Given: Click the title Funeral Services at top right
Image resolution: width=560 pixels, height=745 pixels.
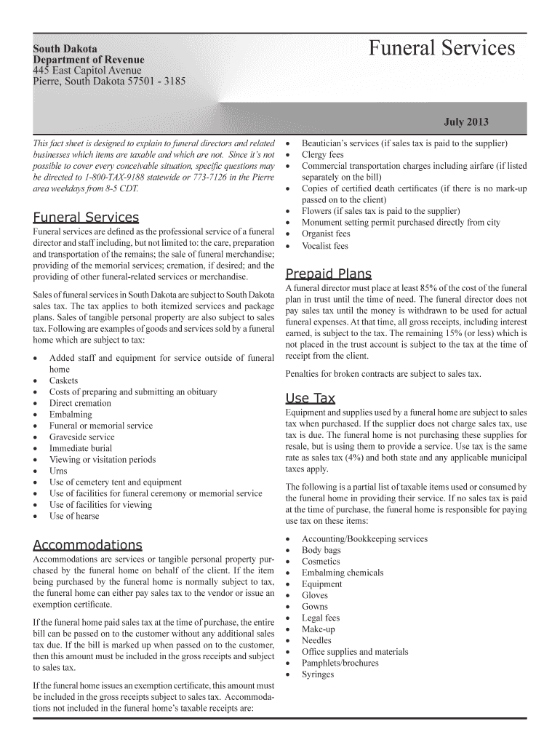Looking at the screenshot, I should [x=441, y=49].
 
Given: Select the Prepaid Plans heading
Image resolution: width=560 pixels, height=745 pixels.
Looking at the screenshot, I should [x=328, y=274].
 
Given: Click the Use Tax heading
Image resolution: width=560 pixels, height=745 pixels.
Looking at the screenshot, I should [x=311, y=398].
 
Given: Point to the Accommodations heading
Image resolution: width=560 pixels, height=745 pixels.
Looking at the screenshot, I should [x=87, y=545].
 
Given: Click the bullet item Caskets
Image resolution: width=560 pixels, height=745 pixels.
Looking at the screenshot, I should [x=63, y=381].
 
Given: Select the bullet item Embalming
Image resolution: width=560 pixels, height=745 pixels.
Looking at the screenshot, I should [x=71, y=415].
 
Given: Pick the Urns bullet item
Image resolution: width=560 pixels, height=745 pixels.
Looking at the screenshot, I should [x=58, y=471].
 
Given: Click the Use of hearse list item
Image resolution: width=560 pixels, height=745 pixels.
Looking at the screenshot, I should [x=74, y=516].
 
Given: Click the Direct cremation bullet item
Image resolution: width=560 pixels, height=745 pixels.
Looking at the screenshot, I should [x=80, y=403].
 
